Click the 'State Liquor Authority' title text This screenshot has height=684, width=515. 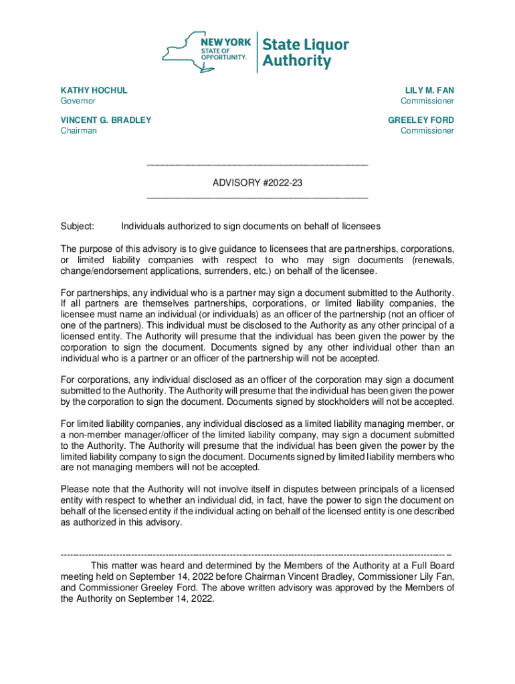305,53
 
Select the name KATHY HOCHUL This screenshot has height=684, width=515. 94,90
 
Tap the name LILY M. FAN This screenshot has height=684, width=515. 429,90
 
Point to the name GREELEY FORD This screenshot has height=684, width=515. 421,120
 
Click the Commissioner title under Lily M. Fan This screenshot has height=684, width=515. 427,101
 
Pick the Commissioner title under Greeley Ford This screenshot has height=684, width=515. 427,131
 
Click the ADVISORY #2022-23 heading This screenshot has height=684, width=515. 257,182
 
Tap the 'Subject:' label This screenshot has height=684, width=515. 78,226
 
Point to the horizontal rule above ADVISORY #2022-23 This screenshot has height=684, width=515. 257,165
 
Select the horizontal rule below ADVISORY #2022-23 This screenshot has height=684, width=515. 257,198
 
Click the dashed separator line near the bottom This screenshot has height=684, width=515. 257,554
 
